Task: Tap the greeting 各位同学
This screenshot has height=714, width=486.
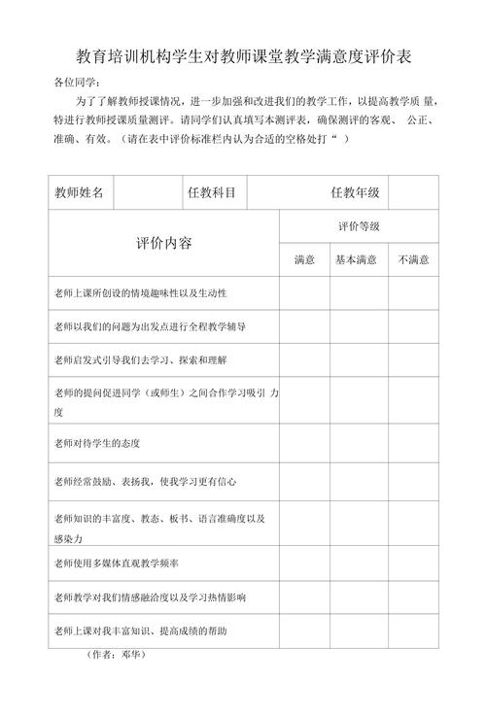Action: (x=76, y=84)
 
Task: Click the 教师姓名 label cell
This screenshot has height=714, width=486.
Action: (x=80, y=192)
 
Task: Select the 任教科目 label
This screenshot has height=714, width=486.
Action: (x=212, y=192)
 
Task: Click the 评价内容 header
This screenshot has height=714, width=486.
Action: (x=163, y=243)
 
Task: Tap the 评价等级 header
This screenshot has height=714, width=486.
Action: (x=359, y=226)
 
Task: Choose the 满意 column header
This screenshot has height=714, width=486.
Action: (x=304, y=259)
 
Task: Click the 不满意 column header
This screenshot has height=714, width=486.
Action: (x=413, y=259)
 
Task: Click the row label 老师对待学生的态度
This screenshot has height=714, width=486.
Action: (x=98, y=443)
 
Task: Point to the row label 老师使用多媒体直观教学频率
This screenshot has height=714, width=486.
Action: (x=117, y=562)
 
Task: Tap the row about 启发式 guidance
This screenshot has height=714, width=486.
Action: (x=140, y=359)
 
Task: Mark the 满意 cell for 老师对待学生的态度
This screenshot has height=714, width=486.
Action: (x=304, y=443)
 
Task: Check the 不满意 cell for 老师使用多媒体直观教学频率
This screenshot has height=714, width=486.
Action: (x=413, y=562)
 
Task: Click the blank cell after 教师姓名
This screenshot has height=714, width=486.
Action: (x=146, y=192)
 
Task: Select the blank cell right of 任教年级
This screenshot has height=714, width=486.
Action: (x=413, y=192)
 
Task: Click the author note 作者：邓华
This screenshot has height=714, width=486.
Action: (x=117, y=655)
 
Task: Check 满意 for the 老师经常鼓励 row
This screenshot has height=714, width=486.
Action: (x=304, y=481)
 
